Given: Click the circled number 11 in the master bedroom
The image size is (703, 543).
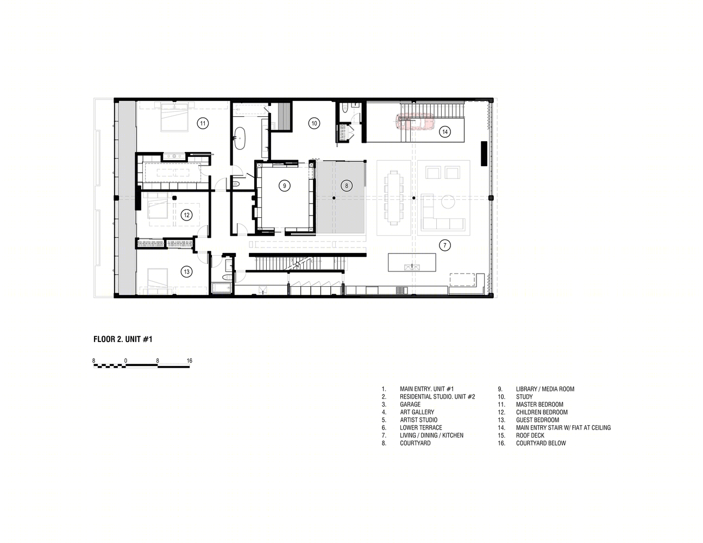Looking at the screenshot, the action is coord(203,123).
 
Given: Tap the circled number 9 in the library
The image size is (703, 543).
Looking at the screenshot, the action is coord(284,186).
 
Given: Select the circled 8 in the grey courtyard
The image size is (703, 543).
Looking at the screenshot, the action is coord(347,186).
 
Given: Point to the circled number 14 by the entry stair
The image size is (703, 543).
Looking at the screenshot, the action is coord(445,132).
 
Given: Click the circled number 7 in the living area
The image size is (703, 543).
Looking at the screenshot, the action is coord(445,245).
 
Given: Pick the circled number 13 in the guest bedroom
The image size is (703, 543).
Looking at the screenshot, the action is coord(187,271).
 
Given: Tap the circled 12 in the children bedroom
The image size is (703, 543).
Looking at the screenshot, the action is coord(187,215).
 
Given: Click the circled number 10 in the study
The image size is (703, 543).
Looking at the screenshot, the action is coord(314,123).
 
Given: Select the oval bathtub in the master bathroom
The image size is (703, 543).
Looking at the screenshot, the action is coord(240,138).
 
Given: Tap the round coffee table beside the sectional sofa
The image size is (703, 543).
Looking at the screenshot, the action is coord(448,202).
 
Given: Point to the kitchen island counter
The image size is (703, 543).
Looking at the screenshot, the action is coord(412,262).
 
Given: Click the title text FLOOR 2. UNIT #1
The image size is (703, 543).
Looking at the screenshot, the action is coord(123,339).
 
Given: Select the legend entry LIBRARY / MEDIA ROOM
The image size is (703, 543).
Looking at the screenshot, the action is coord(545,389).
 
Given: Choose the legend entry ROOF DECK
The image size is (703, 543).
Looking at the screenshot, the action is coord(530,435).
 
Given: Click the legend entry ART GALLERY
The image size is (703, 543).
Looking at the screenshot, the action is coord(417,412).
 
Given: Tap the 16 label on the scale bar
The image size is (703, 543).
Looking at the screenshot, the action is coord(190,361).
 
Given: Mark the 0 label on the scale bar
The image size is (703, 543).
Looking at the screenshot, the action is coord(125,361).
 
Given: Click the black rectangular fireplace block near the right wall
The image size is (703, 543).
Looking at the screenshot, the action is coord(484,154).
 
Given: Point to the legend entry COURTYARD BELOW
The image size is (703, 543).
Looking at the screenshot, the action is coord(541,443).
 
